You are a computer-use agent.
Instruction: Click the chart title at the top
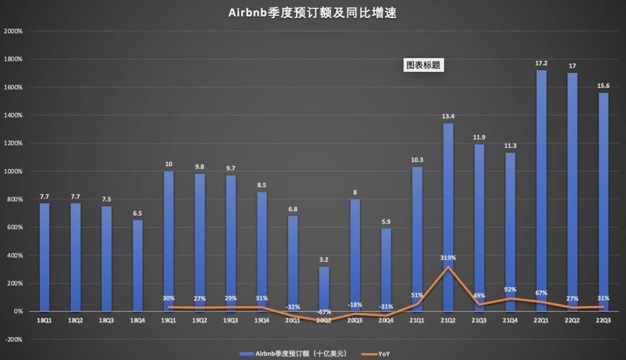(x=312, y=13)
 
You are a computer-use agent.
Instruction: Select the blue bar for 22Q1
(x=541, y=191)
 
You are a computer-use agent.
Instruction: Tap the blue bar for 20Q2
(x=325, y=289)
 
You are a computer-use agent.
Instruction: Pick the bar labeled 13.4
(x=448, y=217)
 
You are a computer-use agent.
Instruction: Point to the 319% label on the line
(x=448, y=257)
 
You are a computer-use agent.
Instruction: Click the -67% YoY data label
(x=324, y=312)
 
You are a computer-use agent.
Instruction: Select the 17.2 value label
(x=541, y=61)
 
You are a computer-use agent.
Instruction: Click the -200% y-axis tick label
(x=13, y=340)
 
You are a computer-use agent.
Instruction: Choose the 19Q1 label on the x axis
(x=169, y=319)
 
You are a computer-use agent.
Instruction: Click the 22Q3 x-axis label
(x=603, y=319)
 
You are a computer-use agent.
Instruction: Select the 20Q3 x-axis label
(x=355, y=319)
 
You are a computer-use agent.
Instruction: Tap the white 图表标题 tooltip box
(x=423, y=66)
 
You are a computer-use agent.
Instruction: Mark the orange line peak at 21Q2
(x=448, y=267)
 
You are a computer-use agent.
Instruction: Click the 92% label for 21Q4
(x=510, y=290)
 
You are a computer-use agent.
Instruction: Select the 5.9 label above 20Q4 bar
(x=387, y=220)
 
